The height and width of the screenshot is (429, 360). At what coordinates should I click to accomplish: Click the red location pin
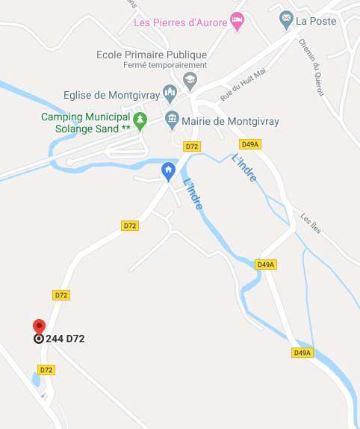39,326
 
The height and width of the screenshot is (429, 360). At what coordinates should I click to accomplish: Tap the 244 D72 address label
65,339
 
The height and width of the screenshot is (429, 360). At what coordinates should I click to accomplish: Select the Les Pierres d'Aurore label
180,22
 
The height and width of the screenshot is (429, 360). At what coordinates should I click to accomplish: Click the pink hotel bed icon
238,22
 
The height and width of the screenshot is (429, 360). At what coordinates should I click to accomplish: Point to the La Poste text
316,20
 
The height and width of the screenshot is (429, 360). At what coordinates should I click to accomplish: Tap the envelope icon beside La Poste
286,19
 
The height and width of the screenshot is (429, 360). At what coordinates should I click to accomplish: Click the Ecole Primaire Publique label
152,55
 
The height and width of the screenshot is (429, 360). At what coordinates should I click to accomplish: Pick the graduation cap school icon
190,78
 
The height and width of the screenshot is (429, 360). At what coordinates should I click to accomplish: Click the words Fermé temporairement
155,65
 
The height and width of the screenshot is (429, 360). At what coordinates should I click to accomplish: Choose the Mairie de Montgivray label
226,119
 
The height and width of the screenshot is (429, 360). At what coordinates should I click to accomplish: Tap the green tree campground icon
139,120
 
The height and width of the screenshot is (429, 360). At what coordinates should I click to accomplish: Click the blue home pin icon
170,170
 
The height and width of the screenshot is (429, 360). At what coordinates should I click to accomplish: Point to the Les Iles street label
311,223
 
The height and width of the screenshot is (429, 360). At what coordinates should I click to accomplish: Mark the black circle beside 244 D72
39,339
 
